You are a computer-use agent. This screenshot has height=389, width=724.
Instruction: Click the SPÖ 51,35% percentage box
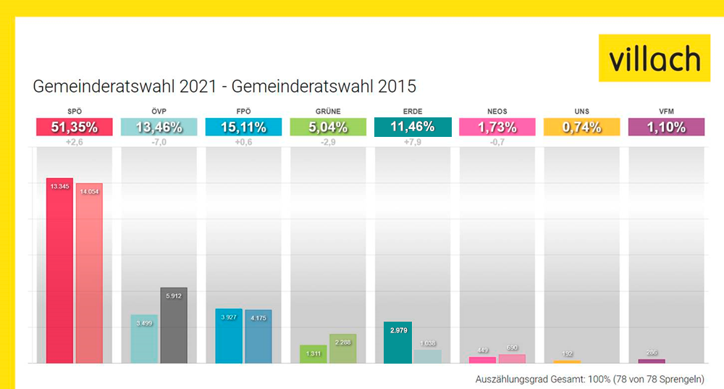coord(74,127)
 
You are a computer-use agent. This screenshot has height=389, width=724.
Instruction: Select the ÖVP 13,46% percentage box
coord(159,127)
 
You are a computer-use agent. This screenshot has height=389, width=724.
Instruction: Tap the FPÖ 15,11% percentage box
coord(243,127)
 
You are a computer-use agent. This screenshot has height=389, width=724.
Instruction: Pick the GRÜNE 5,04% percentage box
coord(327,127)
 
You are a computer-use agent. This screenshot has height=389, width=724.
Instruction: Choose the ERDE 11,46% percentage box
coord(412,127)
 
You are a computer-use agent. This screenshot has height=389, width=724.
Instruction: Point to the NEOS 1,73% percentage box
coord(497,127)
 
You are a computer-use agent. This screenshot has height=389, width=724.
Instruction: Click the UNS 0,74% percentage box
coord(581,127)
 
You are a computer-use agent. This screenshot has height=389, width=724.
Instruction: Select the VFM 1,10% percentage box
coord(666,127)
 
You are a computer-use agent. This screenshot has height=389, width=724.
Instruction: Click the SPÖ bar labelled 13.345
coord(59,272)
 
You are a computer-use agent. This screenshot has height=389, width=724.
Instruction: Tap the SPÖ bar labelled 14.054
coord(89,274)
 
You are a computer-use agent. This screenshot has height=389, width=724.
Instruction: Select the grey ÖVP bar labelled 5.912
coord(174,326)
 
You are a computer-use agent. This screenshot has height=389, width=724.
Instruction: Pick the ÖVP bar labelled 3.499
coord(144,339)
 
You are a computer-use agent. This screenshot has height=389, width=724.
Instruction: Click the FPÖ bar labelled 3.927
coord(229,336)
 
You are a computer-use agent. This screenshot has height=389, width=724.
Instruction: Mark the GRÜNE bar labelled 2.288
coord(342,348)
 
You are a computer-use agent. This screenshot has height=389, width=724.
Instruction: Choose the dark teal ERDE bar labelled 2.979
coord(397,343)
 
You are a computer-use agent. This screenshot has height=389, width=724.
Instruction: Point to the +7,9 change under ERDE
coord(412,142)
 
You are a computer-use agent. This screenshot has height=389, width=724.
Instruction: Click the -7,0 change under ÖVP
coord(159,142)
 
